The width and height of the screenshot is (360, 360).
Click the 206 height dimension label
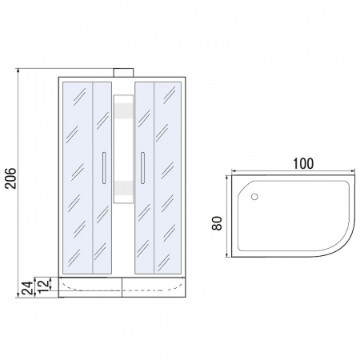pos(10,178)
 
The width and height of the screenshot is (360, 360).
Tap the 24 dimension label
pos(28,287)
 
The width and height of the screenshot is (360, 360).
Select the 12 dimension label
pos(44,285)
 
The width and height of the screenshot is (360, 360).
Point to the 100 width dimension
pos(303,164)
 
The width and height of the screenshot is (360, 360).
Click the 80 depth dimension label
pos(217,223)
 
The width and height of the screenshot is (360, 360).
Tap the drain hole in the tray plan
pos(254,197)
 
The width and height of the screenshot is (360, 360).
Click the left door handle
pos(104,168)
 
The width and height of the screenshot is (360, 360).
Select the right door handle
pos(142,168)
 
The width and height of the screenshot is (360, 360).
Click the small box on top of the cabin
pos(123,73)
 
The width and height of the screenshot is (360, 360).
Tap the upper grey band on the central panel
pos(123,110)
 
